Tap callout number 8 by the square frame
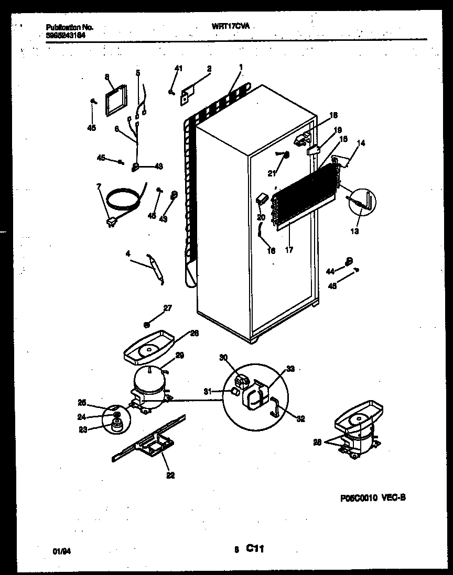tap(107, 77)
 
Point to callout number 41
tap(179, 69)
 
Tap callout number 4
tap(128, 254)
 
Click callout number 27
tap(168, 308)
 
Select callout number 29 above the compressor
tap(179, 355)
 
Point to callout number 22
tap(170, 476)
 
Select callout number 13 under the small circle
tap(355, 231)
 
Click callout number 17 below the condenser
tap(288, 249)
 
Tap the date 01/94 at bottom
tap(61, 551)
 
